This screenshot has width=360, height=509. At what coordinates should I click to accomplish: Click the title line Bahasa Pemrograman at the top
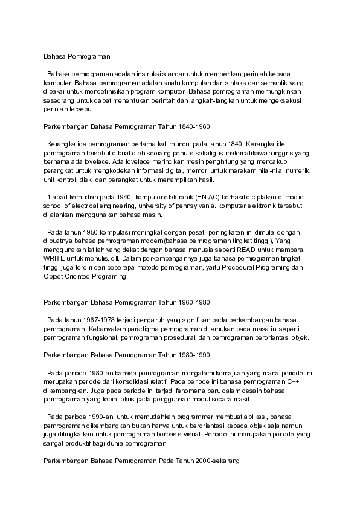[77, 56]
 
